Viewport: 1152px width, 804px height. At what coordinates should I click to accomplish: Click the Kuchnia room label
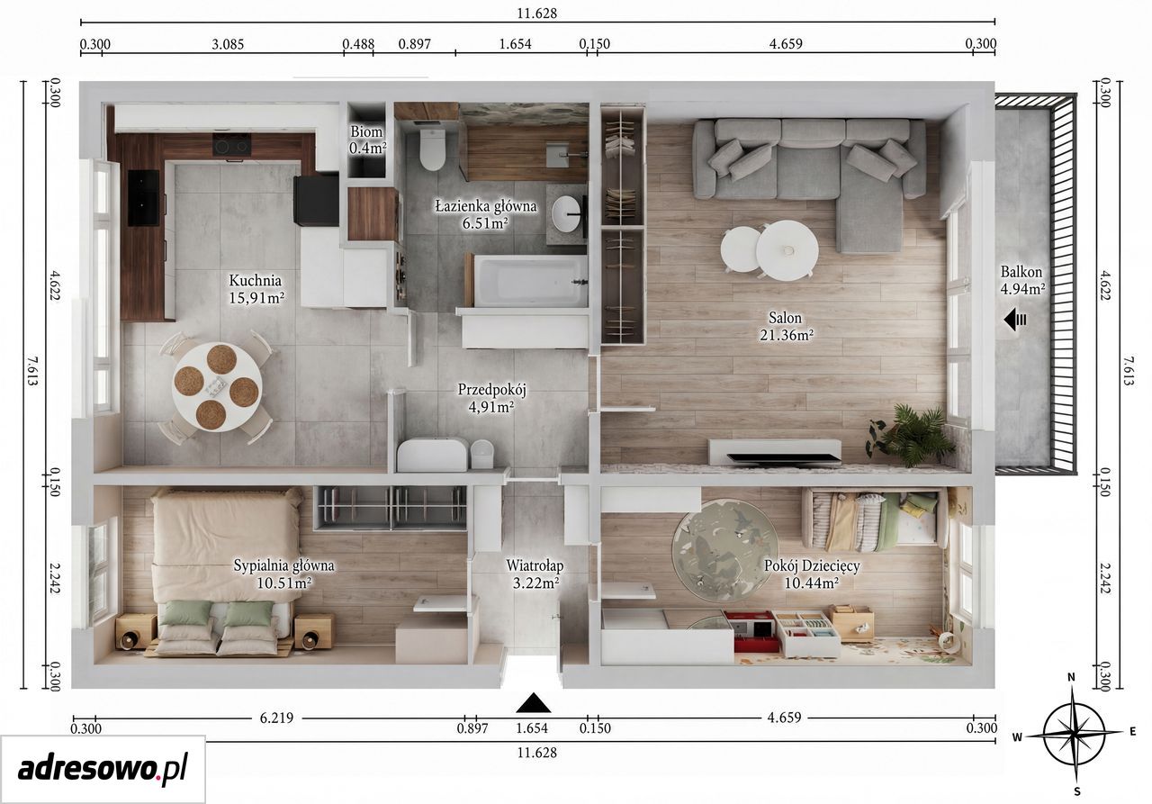tap(256, 281)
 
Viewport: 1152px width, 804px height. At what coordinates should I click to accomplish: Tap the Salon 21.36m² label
tap(786, 326)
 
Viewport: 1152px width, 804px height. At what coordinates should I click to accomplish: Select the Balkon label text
tap(1021, 272)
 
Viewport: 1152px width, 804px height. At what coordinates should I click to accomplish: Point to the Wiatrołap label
tap(535, 565)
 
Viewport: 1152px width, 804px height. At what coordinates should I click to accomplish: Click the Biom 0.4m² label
tap(367, 140)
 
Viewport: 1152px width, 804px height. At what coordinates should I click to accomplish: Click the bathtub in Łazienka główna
tap(530, 281)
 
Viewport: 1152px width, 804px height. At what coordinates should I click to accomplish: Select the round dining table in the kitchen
tap(217, 387)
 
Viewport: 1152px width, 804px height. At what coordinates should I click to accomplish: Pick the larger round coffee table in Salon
tap(787, 250)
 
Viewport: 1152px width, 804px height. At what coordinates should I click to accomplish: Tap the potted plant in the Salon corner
tap(909, 436)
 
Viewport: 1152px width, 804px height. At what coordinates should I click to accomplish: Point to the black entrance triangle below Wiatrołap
tap(534, 703)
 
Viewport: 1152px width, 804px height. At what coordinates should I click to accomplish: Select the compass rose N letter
tap(1071, 677)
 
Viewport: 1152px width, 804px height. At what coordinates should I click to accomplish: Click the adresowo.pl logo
tap(103, 769)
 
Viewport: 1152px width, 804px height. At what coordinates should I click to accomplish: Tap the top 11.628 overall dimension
tap(537, 14)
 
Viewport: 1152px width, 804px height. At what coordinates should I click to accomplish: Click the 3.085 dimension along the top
tap(228, 44)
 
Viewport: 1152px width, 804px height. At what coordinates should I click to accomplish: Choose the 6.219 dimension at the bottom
tap(276, 718)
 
